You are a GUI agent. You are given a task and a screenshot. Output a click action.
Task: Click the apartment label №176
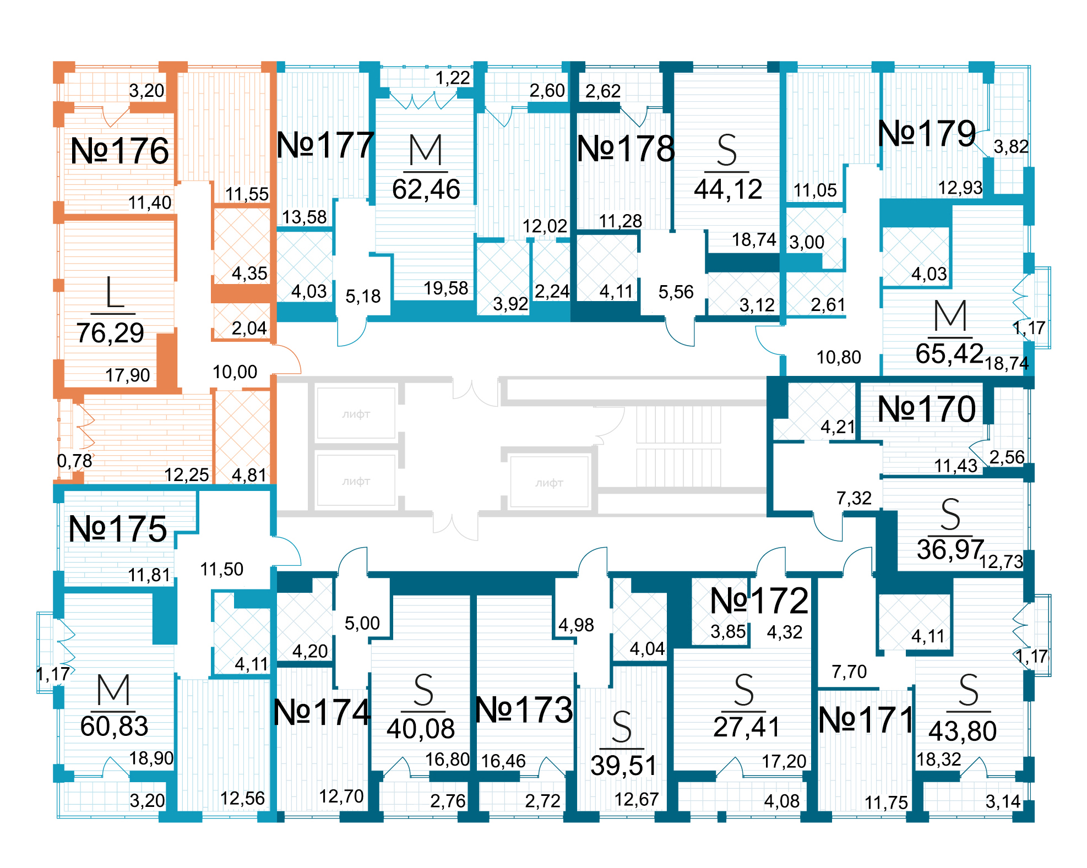[119, 151]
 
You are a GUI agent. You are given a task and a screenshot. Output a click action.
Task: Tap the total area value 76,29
[110, 333]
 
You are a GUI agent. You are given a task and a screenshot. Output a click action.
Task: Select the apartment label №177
[325, 145]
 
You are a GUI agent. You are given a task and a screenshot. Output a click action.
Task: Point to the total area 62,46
[426, 189]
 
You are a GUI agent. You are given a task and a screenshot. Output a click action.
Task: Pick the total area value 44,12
[728, 189]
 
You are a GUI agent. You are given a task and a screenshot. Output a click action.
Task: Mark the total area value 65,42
[949, 354]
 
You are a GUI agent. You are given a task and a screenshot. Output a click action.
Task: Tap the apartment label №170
[927, 410]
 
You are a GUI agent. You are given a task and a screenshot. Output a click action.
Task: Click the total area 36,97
[950, 549]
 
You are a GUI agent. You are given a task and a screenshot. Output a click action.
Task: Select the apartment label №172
[759, 600]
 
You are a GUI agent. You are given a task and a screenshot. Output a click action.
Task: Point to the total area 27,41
[747, 727]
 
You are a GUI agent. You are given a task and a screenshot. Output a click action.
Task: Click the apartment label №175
[117, 529]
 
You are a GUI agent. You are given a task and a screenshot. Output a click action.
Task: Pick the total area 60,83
[114, 727]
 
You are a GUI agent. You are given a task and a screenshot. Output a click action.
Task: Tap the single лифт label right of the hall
[549, 483]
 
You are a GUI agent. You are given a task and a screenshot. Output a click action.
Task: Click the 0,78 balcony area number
[74, 461]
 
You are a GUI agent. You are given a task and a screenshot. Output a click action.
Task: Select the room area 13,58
[305, 217]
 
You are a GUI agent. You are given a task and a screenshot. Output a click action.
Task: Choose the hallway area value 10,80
[838, 358]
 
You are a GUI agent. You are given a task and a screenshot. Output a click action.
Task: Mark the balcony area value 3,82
[1010, 147]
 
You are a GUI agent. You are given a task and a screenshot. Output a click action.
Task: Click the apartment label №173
[524, 710]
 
